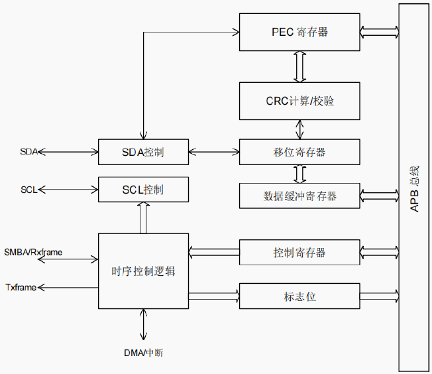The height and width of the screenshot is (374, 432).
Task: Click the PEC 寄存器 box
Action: pos(299,32)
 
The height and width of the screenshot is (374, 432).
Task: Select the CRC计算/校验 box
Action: pos(299,101)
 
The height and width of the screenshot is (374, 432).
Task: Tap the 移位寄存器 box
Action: pos(299,152)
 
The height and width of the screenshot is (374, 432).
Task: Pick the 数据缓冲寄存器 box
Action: pos(299,196)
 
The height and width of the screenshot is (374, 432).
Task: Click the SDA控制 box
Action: pos(142,153)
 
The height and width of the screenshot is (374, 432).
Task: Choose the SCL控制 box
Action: pos(142,190)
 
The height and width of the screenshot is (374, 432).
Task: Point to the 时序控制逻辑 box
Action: pos(143,271)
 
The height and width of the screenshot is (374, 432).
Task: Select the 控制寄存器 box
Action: pos(299,253)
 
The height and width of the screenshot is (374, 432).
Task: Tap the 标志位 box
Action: pos(299,296)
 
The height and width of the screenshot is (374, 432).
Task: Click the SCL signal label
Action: pos(28,190)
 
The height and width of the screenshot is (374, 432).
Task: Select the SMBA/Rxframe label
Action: pos(32,252)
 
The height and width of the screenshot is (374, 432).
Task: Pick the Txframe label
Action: pos(21,287)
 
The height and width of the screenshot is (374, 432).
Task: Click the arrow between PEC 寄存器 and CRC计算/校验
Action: pos(299,66)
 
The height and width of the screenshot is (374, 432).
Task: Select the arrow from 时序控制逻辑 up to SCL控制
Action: pos(143,218)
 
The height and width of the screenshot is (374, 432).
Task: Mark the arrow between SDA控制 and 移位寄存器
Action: pos(213,153)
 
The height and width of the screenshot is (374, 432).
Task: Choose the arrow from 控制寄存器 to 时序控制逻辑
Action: pos(213,253)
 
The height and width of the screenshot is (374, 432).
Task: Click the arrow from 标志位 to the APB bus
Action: pos(380,296)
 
